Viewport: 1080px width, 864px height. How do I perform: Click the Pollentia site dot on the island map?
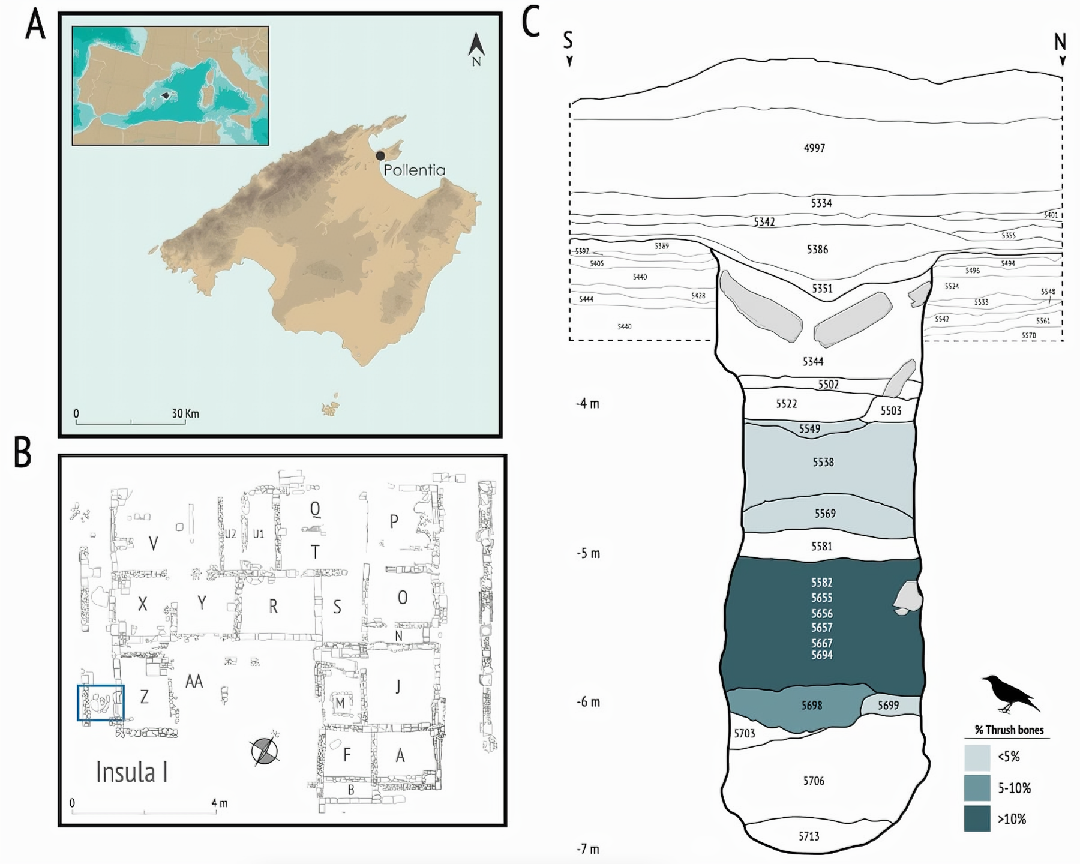pyautogui.click(x=380, y=156)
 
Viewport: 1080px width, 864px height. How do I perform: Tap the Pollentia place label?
pyautogui.click(x=415, y=170)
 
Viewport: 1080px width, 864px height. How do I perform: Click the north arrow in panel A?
pyautogui.click(x=476, y=48)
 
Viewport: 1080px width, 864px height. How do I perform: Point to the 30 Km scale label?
pyautogui.click(x=185, y=413)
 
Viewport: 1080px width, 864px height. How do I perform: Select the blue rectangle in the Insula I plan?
pyautogui.click(x=101, y=702)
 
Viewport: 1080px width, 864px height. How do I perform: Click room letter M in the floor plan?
pyautogui.click(x=340, y=703)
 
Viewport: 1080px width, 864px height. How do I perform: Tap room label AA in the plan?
pyautogui.click(x=194, y=681)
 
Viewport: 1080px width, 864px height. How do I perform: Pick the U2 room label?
pyautogui.click(x=230, y=534)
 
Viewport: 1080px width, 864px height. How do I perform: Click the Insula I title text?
pyautogui.click(x=132, y=772)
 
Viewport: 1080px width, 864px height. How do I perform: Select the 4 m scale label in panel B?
pyautogui.click(x=220, y=803)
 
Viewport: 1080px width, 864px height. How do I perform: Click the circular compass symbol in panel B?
pyautogui.click(x=265, y=752)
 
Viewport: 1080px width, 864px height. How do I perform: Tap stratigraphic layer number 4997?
pyautogui.click(x=814, y=148)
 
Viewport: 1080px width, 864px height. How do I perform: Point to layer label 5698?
pyautogui.click(x=811, y=706)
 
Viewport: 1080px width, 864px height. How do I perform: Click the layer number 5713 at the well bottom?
pyautogui.click(x=809, y=836)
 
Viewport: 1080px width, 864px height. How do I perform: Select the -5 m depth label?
pyautogui.click(x=588, y=553)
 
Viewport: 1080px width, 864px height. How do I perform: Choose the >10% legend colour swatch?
pyautogui.click(x=977, y=819)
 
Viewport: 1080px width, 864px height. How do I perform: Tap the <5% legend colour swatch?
pyautogui.click(x=977, y=757)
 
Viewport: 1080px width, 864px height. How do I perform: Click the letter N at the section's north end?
pyautogui.click(x=1060, y=42)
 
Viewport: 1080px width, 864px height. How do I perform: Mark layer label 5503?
pyautogui.click(x=891, y=410)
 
